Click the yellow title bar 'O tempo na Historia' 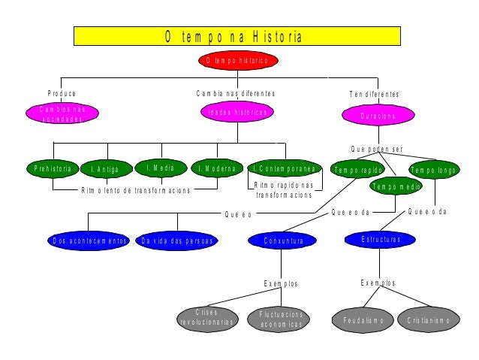(x=233, y=36)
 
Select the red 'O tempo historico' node (x=237, y=59)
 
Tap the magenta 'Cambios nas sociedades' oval (x=62, y=113)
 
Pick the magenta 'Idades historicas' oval (x=237, y=113)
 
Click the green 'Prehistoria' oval (x=53, y=168)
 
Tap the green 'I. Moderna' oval (x=216, y=168)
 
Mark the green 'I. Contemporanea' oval (x=285, y=168)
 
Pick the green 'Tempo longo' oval (x=433, y=170)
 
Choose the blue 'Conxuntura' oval (x=283, y=241)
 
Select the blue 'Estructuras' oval (x=381, y=240)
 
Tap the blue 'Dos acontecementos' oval (x=89, y=241)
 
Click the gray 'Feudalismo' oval (x=363, y=320)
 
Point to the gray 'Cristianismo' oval (x=428, y=320)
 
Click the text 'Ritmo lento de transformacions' (x=136, y=190)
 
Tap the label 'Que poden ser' (x=377, y=149)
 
